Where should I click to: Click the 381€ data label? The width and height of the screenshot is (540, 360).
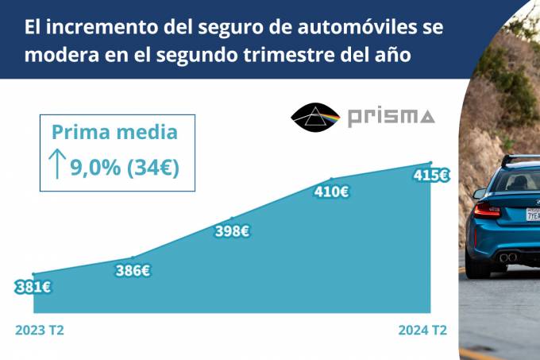[33, 288]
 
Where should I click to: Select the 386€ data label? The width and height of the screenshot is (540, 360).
[133, 270]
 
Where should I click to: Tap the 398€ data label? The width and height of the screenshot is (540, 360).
[233, 231]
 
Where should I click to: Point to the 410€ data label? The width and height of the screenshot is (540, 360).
[332, 192]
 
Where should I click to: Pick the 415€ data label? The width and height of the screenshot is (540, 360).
[432, 176]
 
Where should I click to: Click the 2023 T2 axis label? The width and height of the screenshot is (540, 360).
[39, 330]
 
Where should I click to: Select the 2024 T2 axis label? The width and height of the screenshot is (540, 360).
[422, 330]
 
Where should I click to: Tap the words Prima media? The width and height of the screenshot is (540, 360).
[114, 133]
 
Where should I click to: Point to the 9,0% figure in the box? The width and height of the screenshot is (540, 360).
[94, 168]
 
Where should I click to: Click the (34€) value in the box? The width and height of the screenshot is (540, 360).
[154, 168]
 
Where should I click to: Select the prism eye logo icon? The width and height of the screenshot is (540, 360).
[315, 118]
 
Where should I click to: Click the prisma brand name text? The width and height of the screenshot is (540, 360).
[391, 118]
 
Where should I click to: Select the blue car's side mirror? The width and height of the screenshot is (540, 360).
[478, 193]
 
